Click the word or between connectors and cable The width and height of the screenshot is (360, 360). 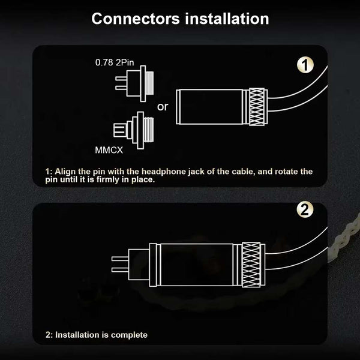(162, 107)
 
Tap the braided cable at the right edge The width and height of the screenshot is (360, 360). (345, 241)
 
